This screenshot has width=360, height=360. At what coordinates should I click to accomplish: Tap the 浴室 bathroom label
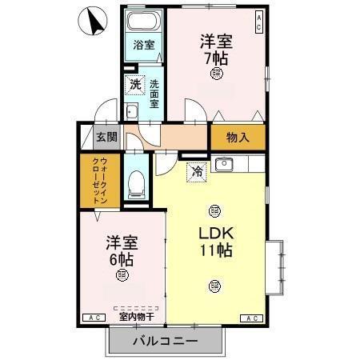[x=144, y=46]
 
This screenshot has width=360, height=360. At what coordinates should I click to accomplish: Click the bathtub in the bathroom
[x=144, y=22]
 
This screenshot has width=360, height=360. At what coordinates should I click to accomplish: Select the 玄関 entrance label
[x=107, y=137]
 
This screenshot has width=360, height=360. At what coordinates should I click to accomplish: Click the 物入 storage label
[x=238, y=137]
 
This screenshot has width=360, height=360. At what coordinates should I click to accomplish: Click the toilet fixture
[x=136, y=185]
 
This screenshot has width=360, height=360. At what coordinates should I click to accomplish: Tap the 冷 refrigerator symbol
[x=195, y=170]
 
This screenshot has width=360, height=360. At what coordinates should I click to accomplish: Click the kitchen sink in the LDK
[x=223, y=166]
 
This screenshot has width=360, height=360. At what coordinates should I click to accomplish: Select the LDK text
[x=216, y=233]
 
